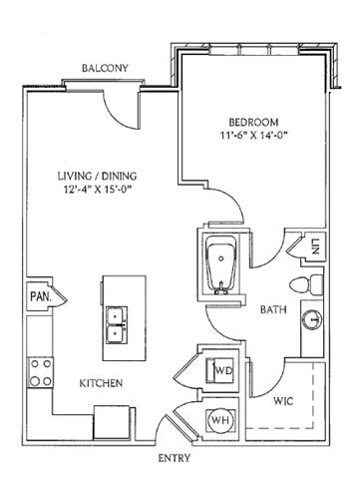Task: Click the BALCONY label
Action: pos(105,68)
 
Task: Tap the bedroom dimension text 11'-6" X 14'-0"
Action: pos(253,136)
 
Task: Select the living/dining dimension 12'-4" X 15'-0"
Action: pos(98,189)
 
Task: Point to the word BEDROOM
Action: pos(253,122)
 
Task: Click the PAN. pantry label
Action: pos(41,296)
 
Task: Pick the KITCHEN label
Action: pos(101,383)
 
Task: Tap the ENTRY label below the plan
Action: pos(175,458)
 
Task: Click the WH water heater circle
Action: pos(221,420)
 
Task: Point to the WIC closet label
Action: pos(283,401)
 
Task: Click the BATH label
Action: pos(273,310)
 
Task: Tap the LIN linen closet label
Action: pos(315,246)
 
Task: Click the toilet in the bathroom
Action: pos(306,284)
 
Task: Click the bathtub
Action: pos(221,265)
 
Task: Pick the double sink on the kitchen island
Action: pos(117,325)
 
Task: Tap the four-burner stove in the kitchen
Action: pos(40,372)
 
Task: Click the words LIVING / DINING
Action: pos(98,176)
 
